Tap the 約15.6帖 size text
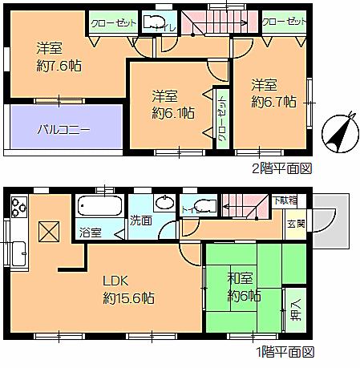coord(128,298)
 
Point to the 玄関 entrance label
coord(297,224)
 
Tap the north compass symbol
coord(340,131)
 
